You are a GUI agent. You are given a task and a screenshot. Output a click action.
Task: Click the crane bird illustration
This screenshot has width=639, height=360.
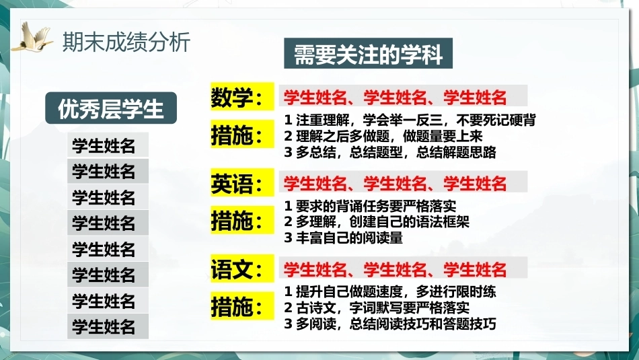(x=33, y=37)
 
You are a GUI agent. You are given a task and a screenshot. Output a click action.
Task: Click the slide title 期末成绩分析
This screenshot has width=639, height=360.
(x=126, y=42)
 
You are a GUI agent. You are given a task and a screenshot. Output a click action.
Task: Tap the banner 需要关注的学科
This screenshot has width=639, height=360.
(x=368, y=53)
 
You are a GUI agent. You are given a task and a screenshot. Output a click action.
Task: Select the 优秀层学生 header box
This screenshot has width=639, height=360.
(x=111, y=108)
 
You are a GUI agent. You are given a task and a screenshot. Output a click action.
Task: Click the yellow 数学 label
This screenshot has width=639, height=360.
(x=242, y=97)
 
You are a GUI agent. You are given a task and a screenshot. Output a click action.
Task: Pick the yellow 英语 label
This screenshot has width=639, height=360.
(x=242, y=182)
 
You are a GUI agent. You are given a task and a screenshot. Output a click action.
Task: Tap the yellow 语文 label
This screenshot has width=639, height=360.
(x=242, y=268)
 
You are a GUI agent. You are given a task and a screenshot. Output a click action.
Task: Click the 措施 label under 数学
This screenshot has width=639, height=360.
(x=242, y=135)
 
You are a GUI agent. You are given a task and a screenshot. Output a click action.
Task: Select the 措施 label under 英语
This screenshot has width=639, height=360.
(x=242, y=220)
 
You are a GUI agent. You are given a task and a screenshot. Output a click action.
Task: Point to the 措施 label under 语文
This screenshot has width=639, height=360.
(x=242, y=306)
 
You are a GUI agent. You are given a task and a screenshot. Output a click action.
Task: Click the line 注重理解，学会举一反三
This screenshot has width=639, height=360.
(x=410, y=120)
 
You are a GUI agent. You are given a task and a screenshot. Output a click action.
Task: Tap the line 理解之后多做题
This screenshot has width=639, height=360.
(x=383, y=136)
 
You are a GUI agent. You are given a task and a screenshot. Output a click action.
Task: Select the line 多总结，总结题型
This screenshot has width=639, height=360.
(x=390, y=152)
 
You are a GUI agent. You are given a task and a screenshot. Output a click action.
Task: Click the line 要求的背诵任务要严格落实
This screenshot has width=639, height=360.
(x=370, y=206)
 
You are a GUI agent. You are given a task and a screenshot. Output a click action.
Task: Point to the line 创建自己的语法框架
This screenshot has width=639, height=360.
(x=377, y=222)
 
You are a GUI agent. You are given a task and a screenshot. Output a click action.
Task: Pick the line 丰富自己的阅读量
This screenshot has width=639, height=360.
(x=343, y=238)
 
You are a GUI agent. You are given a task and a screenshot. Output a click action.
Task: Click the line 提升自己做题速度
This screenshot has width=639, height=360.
(x=390, y=291)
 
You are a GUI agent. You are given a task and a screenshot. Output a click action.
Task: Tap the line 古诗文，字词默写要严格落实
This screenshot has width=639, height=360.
(x=377, y=308)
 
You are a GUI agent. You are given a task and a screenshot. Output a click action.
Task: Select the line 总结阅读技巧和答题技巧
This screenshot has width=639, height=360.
(x=390, y=324)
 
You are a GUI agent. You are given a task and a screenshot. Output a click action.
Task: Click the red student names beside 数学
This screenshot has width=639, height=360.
(x=395, y=97)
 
